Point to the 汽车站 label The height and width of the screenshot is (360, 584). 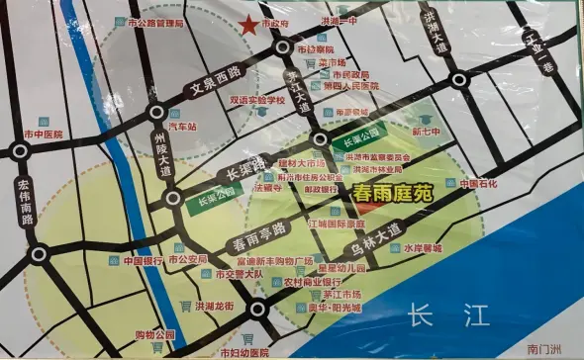coord(185,128)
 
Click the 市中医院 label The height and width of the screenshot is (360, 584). coord(44,134)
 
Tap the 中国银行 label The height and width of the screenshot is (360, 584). coord(144,262)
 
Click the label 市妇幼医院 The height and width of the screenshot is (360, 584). coord(244,351)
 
